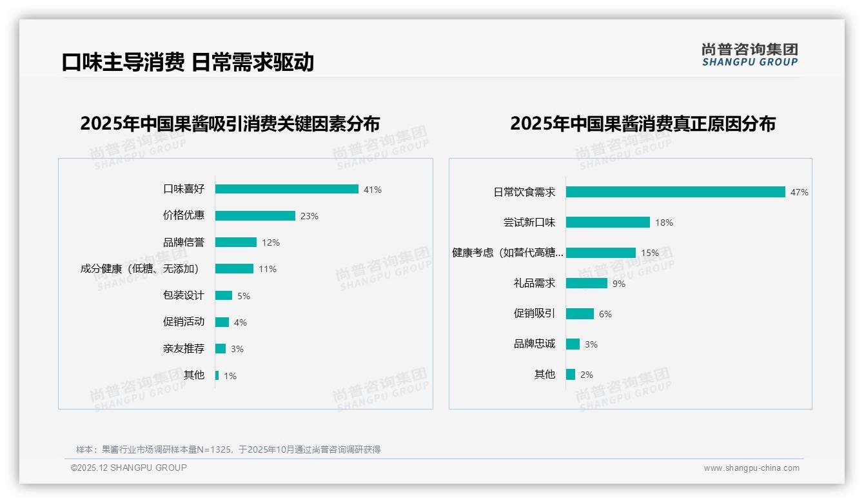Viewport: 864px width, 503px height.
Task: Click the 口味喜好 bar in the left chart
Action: (x=286, y=189)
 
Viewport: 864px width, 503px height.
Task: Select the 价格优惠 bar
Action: (x=255, y=215)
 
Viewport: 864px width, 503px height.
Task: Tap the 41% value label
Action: (x=372, y=190)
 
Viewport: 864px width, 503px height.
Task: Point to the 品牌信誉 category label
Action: (x=184, y=242)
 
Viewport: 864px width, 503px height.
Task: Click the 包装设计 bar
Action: (x=223, y=295)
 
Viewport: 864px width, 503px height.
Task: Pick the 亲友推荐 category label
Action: (x=184, y=349)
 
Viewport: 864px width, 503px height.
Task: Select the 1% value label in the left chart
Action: (x=230, y=376)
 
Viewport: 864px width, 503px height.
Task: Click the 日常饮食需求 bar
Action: (x=675, y=192)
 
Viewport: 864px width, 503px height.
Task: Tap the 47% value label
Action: (x=799, y=192)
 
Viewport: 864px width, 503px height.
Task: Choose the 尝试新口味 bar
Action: (x=607, y=222)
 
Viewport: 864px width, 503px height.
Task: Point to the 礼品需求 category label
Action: (x=534, y=283)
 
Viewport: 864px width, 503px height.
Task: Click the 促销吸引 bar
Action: (x=580, y=314)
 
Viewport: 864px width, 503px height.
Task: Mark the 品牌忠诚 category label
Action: (x=534, y=344)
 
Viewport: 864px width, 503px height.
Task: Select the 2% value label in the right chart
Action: (x=586, y=375)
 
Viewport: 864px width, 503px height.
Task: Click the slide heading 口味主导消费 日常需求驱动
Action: (x=188, y=62)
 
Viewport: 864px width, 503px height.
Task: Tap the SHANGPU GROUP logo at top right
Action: (x=749, y=55)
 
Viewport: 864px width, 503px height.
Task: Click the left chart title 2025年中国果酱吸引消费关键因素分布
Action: (x=230, y=123)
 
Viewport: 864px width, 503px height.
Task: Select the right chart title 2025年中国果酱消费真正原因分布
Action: (x=642, y=123)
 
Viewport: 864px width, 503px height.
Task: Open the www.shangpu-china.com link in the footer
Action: (x=751, y=468)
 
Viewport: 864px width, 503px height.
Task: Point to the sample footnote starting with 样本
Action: (x=228, y=449)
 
